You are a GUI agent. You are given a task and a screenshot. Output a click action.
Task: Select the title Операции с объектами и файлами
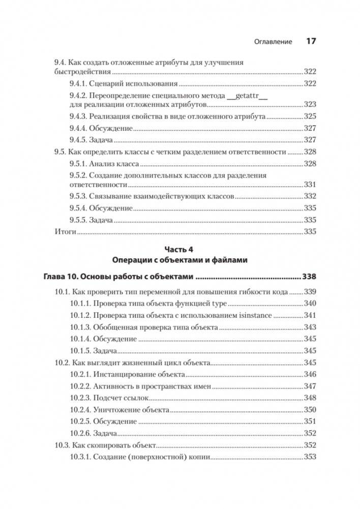pyautogui.click(x=179, y=260)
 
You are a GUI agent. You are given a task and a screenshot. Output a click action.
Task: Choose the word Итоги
pyautogui.click(x=65, y=232)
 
